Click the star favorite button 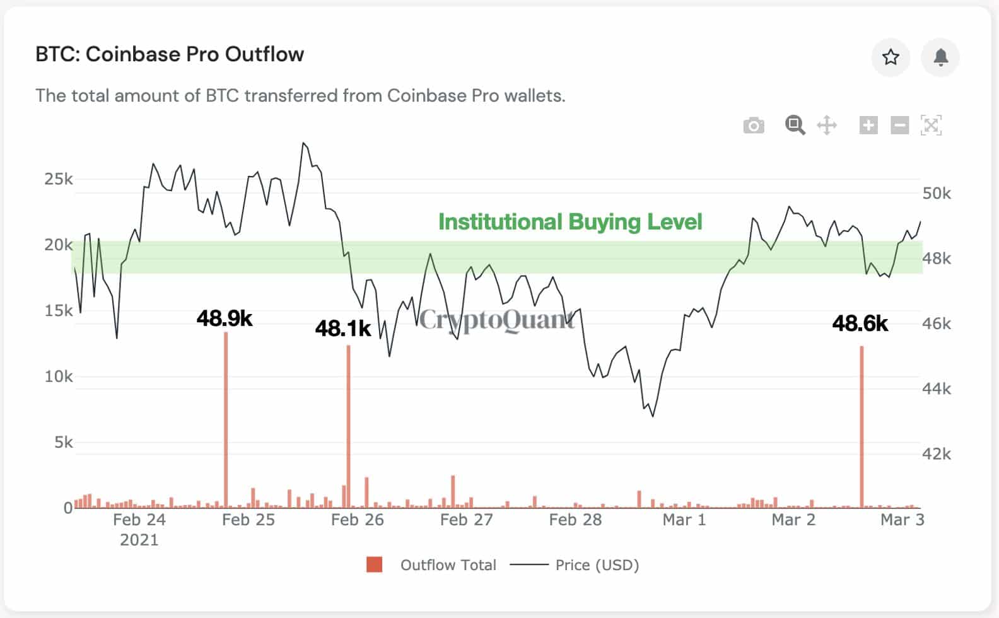click(890, 57)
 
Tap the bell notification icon click(940, 57)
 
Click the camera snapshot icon click(753, 125)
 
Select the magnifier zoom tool click(795, 125)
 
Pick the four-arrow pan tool click(827, 125)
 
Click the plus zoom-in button click(868, 125)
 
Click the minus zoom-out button click(899, 125)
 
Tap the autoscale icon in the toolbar click(931, 125)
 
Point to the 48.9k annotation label click(225, 318)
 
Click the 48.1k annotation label click(343, 329)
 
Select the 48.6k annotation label click(860, 324)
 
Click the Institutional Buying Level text click(570, 222)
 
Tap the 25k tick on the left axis click(58, 179)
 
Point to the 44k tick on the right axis click(937, 388)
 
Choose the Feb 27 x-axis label click(466, 520)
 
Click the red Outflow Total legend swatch click(374, 564)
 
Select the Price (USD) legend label click(597, 565)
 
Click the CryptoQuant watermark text click(497, 320)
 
